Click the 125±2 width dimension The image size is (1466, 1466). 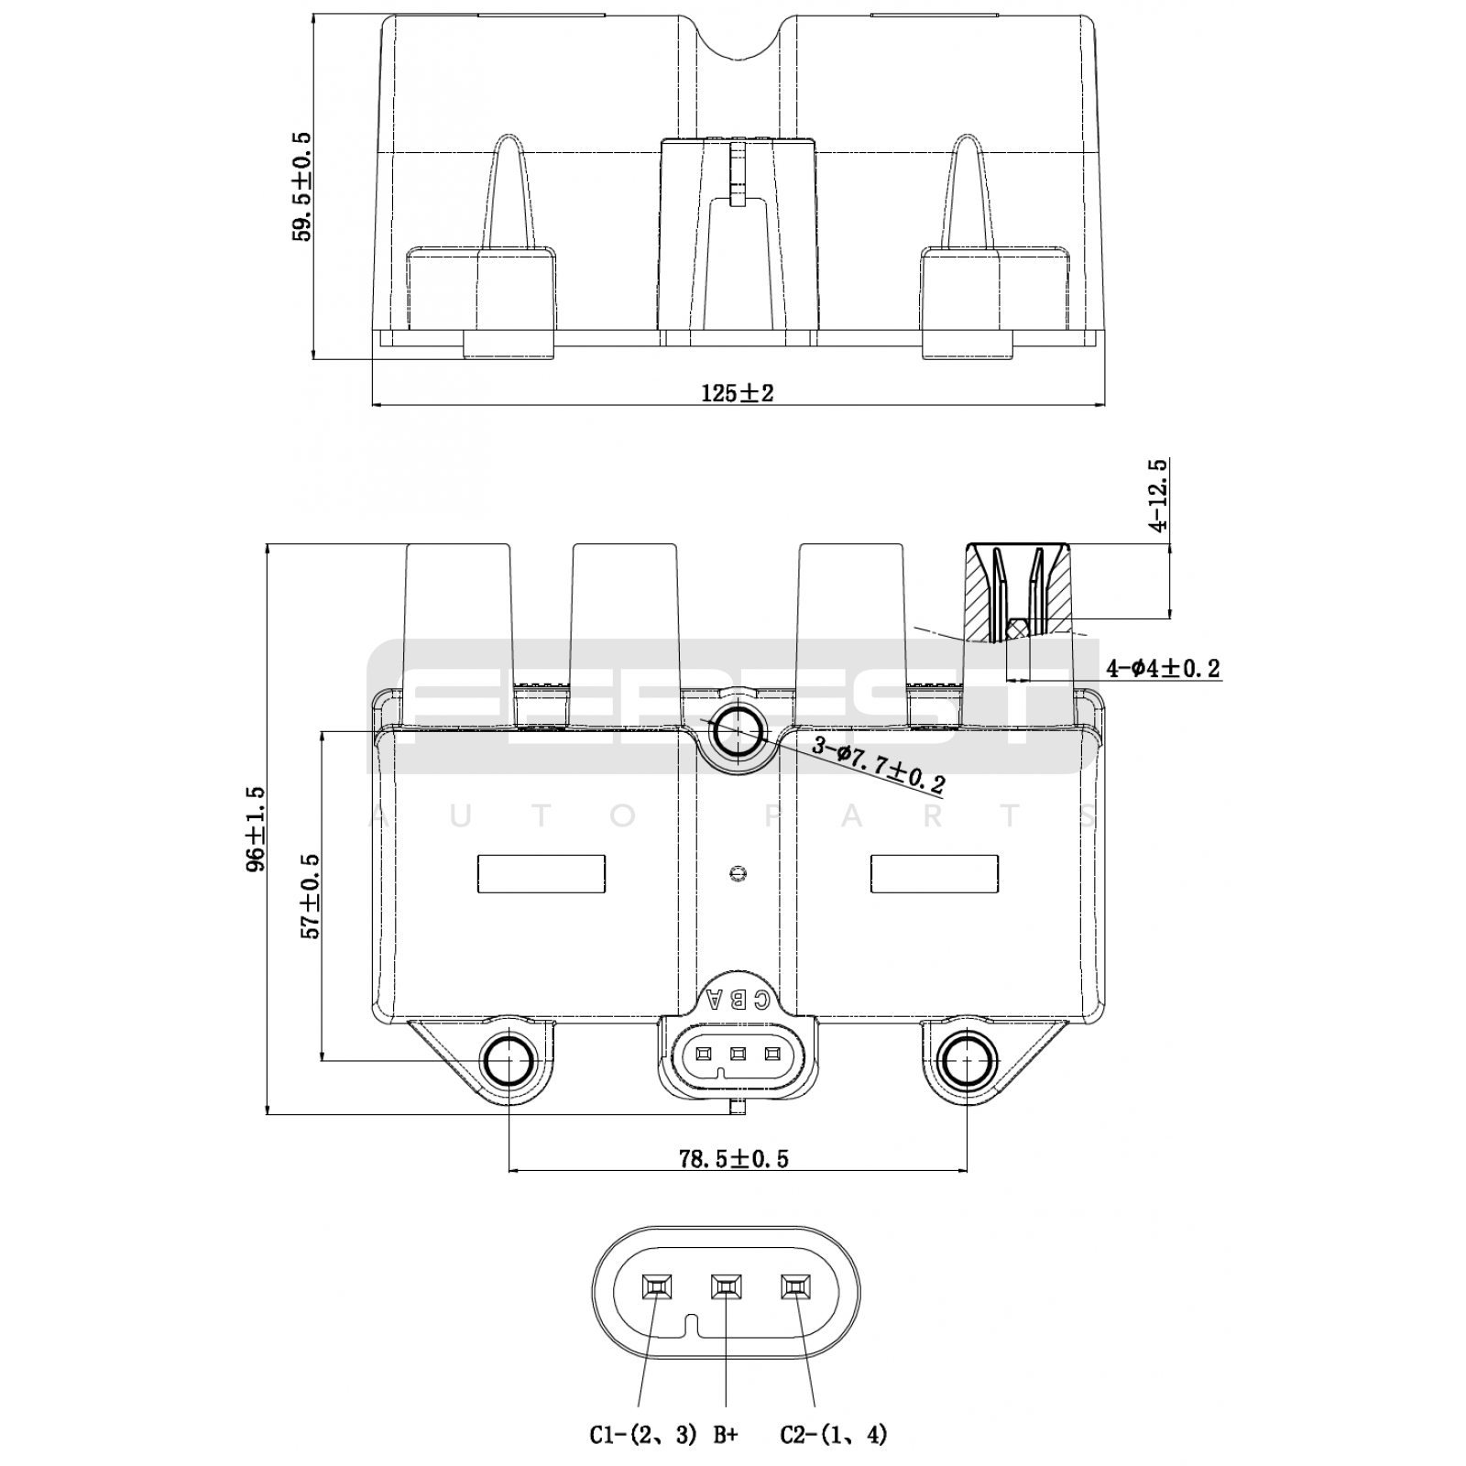tap(738, 393)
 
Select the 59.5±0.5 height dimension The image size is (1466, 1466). tap(301, 187)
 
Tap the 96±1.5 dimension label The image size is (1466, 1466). tap(256, 827)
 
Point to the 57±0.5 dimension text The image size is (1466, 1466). tap(311, 895)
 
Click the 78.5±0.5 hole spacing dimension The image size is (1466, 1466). tap(733, 1158)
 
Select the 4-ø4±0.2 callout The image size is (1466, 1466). tap(1163, 669)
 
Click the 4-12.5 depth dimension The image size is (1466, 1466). tap(1159, 497)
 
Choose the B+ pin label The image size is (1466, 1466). tap(725, 1435)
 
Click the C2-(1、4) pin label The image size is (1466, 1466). tap(834, 1435)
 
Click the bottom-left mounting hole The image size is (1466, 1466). tap(508, 1062)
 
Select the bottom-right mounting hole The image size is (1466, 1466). tap(968, 1062)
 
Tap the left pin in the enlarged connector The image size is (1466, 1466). tap(656, 1287)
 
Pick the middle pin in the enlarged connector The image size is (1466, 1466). tap(726, 1287)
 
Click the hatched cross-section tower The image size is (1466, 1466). tap(1018, 591)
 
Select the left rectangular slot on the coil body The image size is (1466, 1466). tap(542, 873)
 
